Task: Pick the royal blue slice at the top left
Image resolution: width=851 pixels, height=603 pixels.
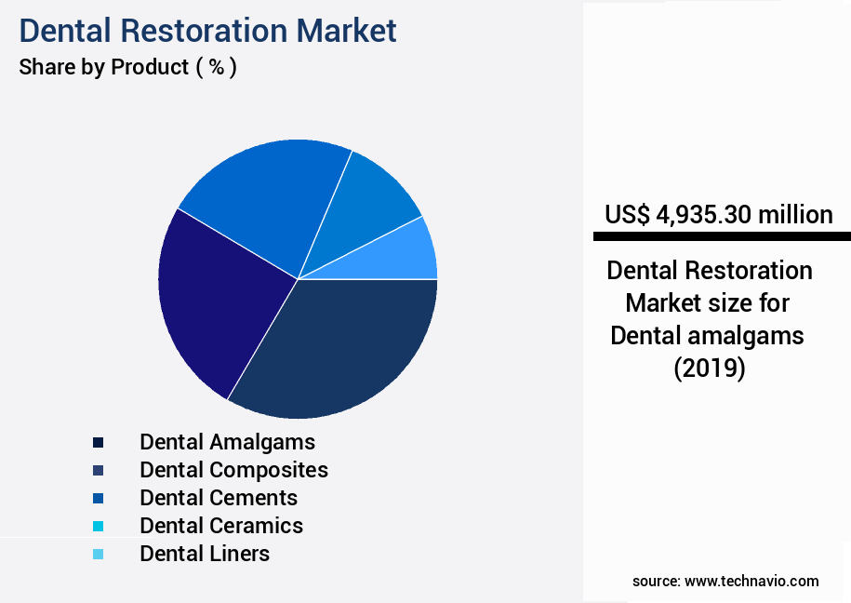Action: pos(265,195)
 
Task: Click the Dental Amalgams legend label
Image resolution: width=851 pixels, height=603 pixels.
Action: pos(227,441)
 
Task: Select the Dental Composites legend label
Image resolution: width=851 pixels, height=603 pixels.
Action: pos(233,469)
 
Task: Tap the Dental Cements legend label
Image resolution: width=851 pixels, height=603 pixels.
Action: pos(219,497)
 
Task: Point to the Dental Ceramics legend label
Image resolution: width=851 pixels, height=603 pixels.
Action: pos(221,525)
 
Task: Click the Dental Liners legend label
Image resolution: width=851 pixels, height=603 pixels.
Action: pos(205,553)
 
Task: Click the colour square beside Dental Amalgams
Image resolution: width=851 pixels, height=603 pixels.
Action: pos(98,442)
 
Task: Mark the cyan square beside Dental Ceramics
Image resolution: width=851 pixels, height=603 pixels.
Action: pos(98,526)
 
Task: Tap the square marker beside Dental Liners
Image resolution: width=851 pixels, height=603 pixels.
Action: pos(98,554)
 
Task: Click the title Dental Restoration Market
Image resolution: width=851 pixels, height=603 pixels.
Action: pos(207,30)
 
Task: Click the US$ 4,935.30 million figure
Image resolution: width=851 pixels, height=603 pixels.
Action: pos(718,215)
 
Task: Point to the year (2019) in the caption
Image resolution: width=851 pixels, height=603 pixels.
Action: pos(709,368)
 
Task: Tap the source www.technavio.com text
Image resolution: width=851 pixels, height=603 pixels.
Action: pos(725,581)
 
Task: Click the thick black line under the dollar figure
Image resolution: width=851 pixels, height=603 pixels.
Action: pos(722,237)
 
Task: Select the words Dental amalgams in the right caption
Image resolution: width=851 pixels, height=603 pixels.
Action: pos(707,335)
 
